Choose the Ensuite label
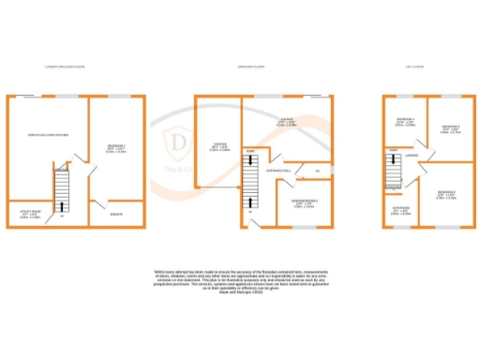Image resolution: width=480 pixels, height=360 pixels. (x=115, y=213)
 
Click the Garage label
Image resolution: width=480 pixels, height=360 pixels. (x=218, y=144)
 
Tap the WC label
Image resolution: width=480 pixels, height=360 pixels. (x=319, y=170)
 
